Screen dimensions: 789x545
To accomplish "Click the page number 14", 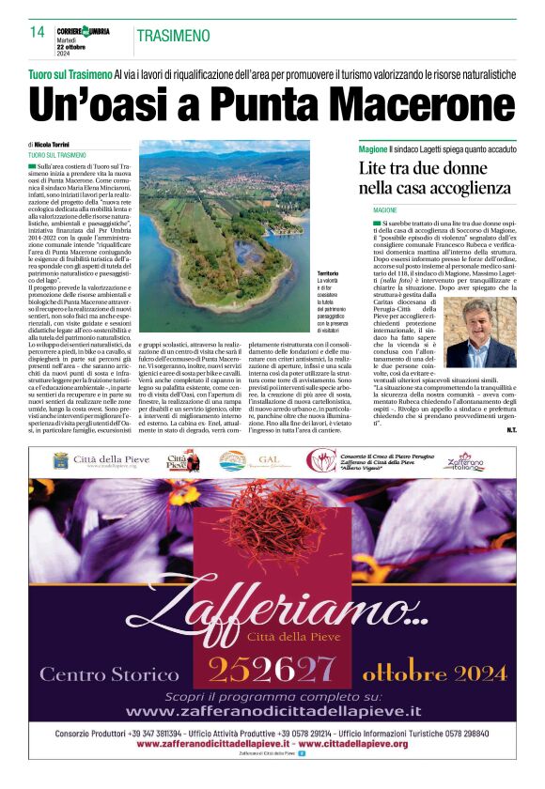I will pos(38,32).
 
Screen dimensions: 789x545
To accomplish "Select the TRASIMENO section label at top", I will pos(173,36).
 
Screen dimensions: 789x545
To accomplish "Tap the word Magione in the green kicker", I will pos(375,149).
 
